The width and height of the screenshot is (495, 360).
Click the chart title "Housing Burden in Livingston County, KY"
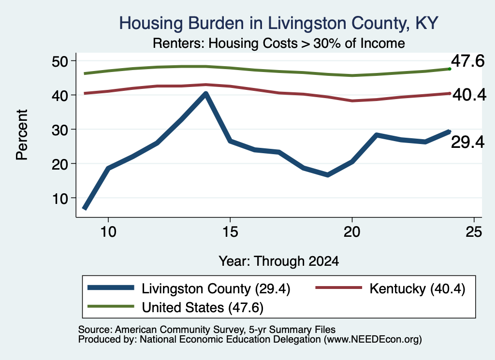(279, 23)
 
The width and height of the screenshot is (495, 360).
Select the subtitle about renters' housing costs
(279, 43)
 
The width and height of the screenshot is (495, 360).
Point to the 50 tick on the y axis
(60, 61)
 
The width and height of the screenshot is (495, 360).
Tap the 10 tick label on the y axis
(60, 198)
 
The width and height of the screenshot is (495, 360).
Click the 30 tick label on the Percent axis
(60, 130)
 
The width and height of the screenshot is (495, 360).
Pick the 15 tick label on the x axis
(230, 232)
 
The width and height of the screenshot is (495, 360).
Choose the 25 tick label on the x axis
(474, 232)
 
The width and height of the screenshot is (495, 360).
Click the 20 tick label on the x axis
(352, 232)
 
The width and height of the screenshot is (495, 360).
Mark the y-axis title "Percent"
(22, 135)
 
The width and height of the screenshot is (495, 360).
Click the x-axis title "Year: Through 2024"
(279, 261)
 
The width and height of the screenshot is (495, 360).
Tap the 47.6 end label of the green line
(467, 61)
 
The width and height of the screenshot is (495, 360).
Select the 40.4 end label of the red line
(469, 95)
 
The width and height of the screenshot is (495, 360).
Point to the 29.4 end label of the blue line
(467, 142)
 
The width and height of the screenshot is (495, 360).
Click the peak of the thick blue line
(206, 94)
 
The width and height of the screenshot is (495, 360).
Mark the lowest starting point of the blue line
(85, 208)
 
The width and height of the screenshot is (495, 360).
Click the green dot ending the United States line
(450, 69)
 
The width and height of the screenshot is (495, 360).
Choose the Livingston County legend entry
(189, 288)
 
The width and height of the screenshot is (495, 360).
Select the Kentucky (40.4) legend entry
(391, 288)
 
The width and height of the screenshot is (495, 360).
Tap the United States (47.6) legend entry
(175, 307)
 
